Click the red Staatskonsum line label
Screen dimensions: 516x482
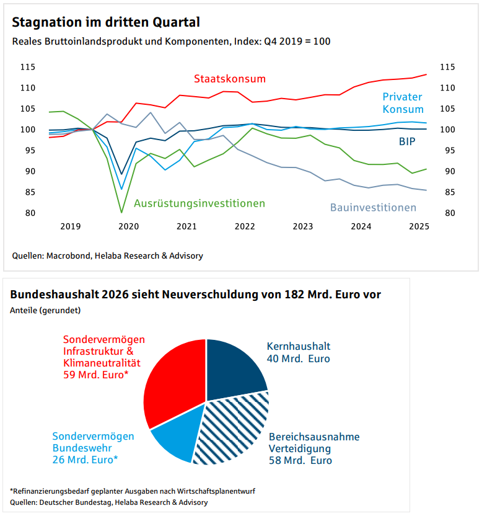point(229,79)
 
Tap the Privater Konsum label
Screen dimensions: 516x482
point(402,103)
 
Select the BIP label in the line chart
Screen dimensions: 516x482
point(406,141)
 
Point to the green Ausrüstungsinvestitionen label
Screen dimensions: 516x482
point(199,203)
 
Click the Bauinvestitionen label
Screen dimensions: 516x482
point(373,207)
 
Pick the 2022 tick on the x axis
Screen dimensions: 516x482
point(245,226)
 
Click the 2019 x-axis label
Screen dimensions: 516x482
point(70,226)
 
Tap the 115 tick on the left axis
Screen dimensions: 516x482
point(27,67)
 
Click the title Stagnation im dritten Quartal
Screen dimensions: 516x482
point(106,23)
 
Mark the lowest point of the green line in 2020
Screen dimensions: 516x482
point(121,213)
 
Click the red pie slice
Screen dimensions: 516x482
point(173,385)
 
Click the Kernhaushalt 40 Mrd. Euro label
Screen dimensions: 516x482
point(299,352)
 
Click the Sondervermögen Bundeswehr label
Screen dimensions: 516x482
point(93,448)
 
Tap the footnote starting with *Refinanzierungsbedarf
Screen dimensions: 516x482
point(133,491)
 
